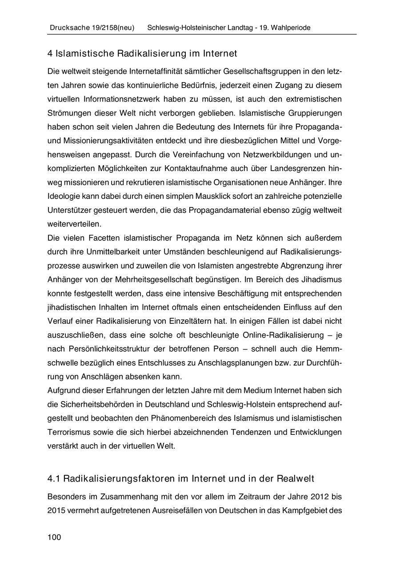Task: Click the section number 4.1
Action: (x=54, y=478)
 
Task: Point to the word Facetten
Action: (x=93, y=238)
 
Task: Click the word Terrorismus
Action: (x=68, y=432)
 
